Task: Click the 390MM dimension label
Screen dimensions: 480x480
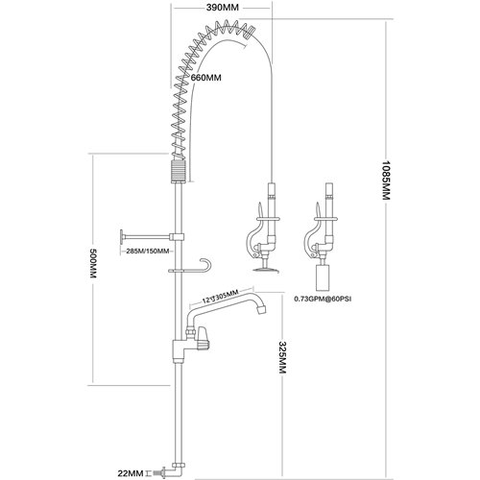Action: pyautogui.click(x=223, y=7)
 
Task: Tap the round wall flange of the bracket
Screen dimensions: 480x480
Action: pyautogui.click(x=120, y=236)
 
